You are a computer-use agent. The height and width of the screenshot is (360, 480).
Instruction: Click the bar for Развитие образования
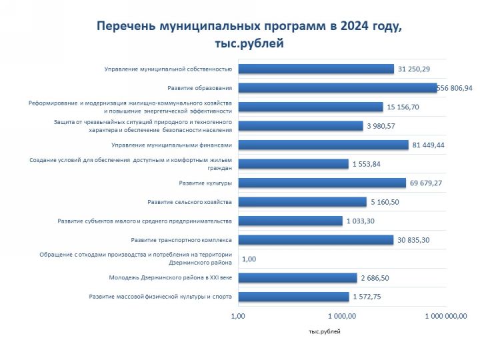coord(337,88)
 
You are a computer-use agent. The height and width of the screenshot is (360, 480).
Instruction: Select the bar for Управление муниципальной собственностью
coord(316,69)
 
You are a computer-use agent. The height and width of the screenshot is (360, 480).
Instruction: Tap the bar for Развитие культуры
coord(321,183)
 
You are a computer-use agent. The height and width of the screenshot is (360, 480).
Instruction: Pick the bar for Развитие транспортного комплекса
coord(315,240)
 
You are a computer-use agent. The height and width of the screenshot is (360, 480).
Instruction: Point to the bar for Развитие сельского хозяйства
coord(302,202)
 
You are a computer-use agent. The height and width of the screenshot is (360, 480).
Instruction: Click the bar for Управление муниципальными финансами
coord(323,145)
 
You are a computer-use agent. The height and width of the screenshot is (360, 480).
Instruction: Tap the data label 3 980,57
coord(385,126)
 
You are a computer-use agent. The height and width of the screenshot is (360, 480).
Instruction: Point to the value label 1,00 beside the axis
coord(250,259)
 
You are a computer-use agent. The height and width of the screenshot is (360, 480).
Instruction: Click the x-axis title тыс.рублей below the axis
coord(325,331)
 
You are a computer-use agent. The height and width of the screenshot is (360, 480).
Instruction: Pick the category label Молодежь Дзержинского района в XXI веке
coord(170,278)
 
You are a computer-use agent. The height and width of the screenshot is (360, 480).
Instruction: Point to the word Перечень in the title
coord(125,26)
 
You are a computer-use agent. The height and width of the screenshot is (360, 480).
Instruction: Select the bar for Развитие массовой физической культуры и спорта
coord(293,297)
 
